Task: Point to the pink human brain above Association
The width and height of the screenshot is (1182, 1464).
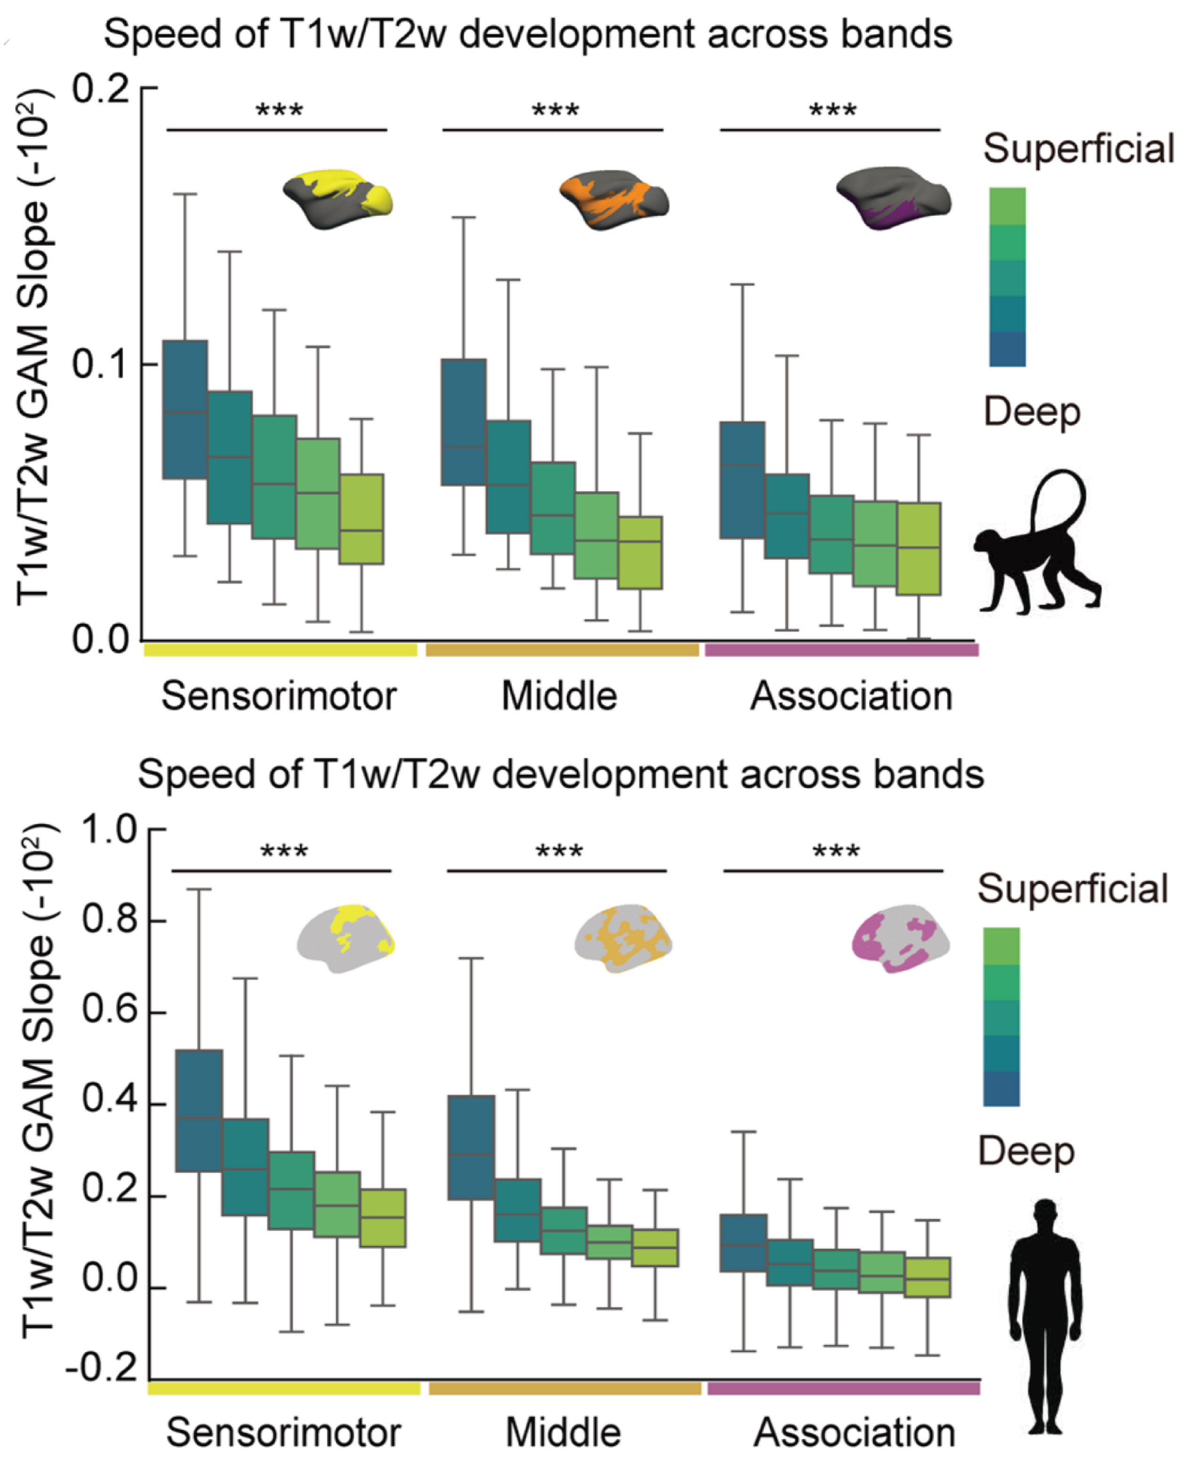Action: point(900,939)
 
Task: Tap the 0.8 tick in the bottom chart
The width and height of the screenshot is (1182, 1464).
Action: point(110,920)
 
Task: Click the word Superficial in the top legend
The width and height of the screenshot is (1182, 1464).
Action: point(1078,149)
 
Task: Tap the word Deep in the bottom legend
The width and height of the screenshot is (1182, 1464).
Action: point(1026,1152)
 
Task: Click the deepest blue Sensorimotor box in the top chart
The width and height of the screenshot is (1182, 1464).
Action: point(185,409)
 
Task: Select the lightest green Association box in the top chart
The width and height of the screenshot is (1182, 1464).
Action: point(919,549)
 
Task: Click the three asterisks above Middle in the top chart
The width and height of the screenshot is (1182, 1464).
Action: point(555,111)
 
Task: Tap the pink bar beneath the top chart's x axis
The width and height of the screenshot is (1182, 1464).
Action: point(842,650)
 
